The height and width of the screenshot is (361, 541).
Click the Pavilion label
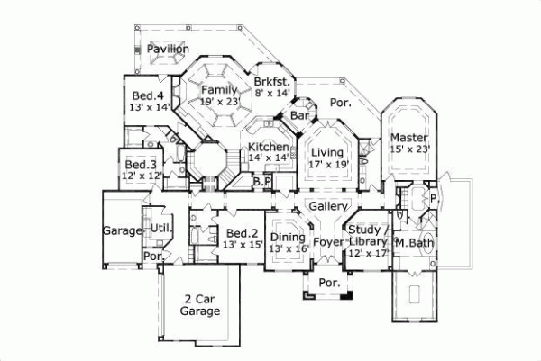(x=169, y=48)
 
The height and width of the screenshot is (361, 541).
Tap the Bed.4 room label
(x=147, y=95)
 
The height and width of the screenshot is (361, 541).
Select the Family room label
(x=219, y=90)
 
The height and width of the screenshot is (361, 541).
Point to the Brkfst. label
(x=270, y=79)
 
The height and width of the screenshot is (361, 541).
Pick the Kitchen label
(x=269, y=147)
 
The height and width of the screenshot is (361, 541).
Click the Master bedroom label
(x=408, y=137)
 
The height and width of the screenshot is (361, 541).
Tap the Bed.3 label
(x=140, y=165)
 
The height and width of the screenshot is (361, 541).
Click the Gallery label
(x=323, y=206)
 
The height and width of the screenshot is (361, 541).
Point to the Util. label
(x=160, y=230)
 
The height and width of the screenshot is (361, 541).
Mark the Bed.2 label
(x=241, y=231)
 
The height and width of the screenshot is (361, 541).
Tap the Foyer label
(x=330, y=241)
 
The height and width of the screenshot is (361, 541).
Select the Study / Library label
(x=367, y=236)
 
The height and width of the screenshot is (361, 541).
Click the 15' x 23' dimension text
(x=409, y=149)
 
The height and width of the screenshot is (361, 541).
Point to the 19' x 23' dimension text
(x=219, y=103)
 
